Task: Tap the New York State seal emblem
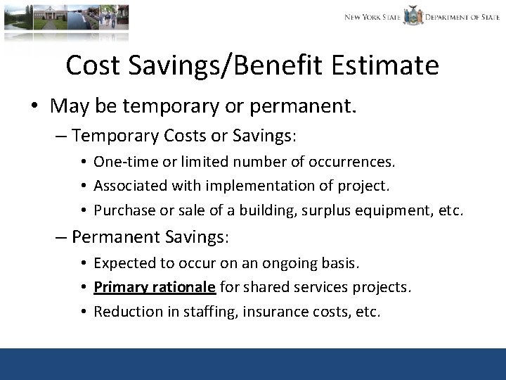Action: (413, 16)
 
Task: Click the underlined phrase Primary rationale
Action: (155, 287)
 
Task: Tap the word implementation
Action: (224, 186)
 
